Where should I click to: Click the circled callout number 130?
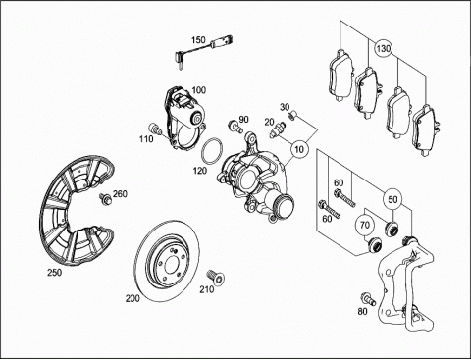383,49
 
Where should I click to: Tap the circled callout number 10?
299,149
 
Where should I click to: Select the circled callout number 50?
392,199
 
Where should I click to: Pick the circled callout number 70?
365,225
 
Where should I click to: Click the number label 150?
198,40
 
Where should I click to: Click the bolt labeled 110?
155,129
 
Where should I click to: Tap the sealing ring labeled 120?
212,150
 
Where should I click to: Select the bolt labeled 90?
235,126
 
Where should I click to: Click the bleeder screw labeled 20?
278,129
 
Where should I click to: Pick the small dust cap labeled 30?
292,116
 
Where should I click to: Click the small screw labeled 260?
105,198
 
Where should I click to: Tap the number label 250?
54,273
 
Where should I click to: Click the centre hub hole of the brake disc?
172,263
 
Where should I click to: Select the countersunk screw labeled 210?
216,277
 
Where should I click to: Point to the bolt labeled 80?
368,299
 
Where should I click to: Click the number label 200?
132,298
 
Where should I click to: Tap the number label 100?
199,90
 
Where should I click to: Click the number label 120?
200,171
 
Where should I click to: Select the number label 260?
120,194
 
